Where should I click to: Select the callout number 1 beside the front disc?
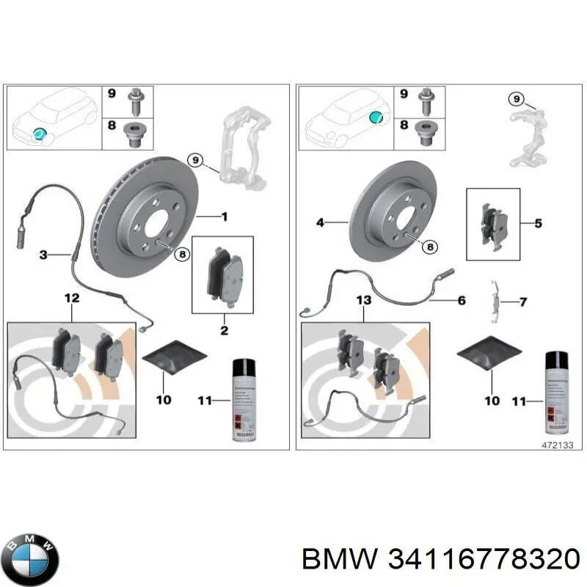(x=225, y=216)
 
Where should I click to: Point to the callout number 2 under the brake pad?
(x=225, y=331)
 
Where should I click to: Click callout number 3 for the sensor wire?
(x=43, y=255)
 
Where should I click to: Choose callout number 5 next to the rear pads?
(x=538, y=222)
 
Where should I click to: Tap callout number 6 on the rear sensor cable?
(x=462, y=300)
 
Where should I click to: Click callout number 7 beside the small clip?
(x=523, y=302)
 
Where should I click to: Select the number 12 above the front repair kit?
(x=71, y=297)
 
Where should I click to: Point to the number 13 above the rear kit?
(x=364, y=301)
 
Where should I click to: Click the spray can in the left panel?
(x=241, y=399)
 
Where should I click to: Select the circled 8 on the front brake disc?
(x=181, y=253)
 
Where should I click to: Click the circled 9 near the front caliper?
(x=194, y=159)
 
